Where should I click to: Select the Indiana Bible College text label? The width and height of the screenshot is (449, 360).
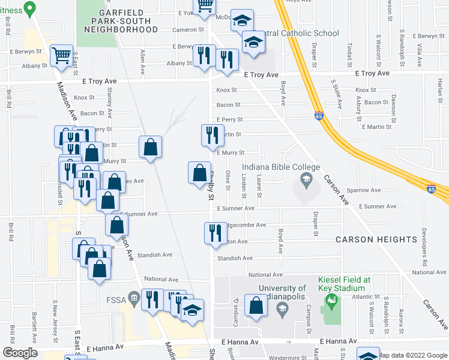tap(281, 167)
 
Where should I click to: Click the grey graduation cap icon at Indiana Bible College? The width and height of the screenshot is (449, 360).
tap(306, 179)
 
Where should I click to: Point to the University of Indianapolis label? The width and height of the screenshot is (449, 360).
tap(269, 292)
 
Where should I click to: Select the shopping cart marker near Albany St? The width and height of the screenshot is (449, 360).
tap(61, 56)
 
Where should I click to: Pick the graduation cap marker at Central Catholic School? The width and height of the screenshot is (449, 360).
tap(253, 43)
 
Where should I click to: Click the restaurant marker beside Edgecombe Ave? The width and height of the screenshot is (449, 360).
tap(215, 232)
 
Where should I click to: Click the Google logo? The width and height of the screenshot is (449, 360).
tap(20, 352)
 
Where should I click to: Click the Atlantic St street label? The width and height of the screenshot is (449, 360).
tap(366, 296)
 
